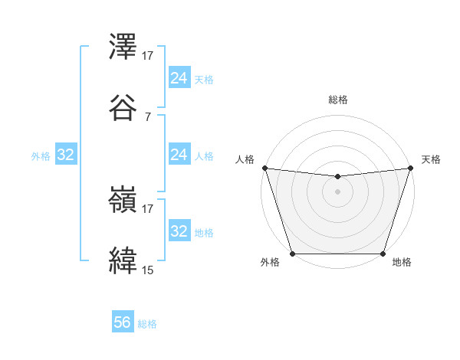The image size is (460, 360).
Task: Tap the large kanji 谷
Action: [123, 107]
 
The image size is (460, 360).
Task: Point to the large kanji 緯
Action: [123, 260]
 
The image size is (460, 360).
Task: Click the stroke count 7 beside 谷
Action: [148, 116]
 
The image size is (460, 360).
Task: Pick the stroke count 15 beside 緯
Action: [148, 270]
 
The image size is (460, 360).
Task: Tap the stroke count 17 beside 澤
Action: [148, 56]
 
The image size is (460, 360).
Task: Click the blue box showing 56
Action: [123, 323]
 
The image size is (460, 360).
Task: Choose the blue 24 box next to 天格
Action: [179, 78]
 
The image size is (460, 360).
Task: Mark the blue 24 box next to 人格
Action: [179, 155]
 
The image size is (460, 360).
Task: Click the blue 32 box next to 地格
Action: [179, 231]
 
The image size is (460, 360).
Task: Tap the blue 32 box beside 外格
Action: [65, 155]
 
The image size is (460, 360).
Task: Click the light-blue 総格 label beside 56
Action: [147, 324]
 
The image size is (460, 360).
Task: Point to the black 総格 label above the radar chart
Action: [337, 100]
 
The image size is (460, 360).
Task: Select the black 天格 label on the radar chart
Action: [431, 159]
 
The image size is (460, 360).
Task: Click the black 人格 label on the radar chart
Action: [245, 159]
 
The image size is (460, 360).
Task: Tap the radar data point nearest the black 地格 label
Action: [383, 253]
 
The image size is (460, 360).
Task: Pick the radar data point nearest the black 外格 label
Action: [292, 253]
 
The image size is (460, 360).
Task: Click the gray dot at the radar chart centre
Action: [337, 191]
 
